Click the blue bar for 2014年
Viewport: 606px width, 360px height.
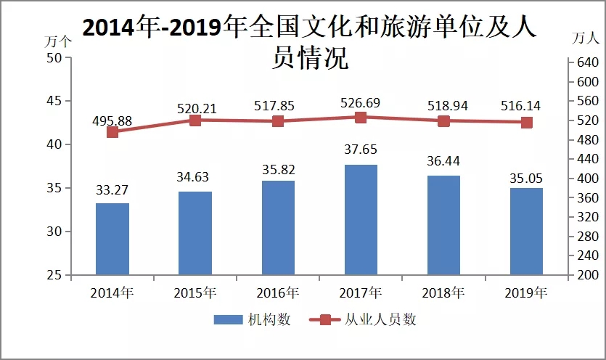[112, 239]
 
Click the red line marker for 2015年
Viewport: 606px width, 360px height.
[195, 120]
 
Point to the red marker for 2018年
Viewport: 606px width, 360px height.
[443, 121]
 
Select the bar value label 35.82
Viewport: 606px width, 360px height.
[278, 167]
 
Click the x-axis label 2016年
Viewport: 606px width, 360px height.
[278, 293]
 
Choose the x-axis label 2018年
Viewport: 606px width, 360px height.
[443, 293]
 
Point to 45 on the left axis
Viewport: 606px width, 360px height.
[54, 102]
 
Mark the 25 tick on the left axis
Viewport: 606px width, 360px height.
[54, 275]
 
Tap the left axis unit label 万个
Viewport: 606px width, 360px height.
[57, 41]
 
